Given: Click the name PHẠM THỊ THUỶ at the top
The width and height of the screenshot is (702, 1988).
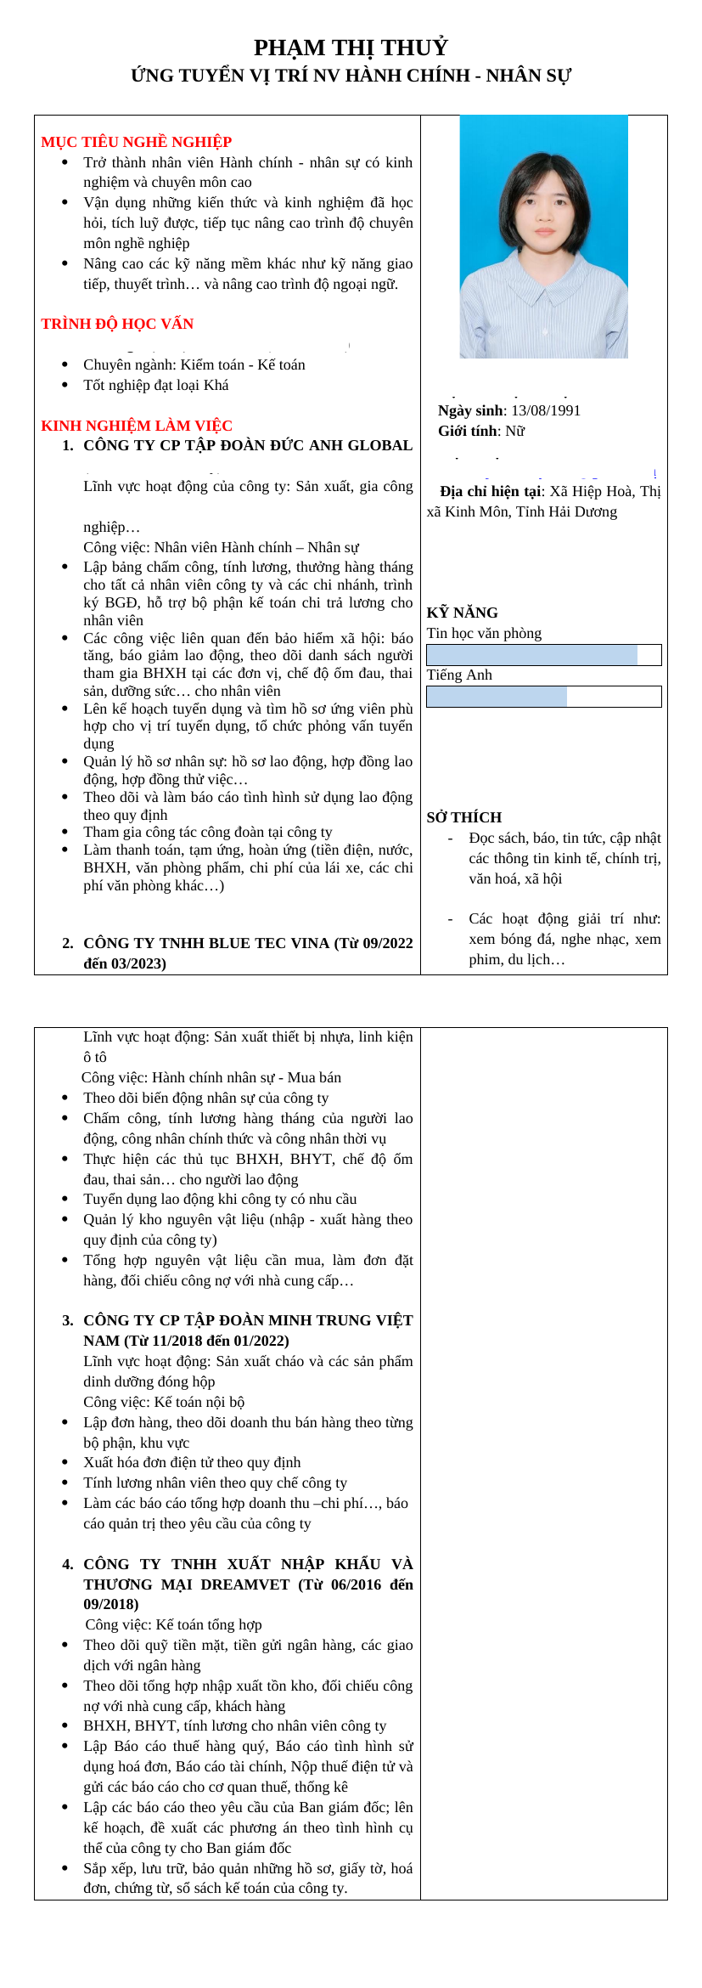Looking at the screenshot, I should (x=351, y=48).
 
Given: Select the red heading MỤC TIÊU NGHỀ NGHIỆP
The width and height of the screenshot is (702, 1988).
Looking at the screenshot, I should (x=136, y=142).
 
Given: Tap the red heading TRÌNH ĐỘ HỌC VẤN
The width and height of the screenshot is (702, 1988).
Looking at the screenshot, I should (x=117, y=324).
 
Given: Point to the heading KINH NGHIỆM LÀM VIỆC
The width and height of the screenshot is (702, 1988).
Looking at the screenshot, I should (x=137, y=426).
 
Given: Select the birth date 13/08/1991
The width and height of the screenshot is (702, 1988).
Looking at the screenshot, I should (x=546, y=411).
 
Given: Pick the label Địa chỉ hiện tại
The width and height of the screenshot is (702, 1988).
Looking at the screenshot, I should (x=491, y=492).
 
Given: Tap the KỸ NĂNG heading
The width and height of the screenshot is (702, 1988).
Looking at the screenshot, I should (x=462, y=613).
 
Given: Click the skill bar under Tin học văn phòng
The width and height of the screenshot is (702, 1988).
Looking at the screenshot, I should (x=543, y=655).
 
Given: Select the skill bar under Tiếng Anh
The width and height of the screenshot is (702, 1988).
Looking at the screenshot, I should (x=543, y=697).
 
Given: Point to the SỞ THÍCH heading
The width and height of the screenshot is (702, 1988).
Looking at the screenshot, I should (x=463, y=817).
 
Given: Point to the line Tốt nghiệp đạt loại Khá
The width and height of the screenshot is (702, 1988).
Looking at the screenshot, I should (x=155, y=386).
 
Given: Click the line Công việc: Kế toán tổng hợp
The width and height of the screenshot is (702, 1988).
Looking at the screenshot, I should (x=173, y=1624).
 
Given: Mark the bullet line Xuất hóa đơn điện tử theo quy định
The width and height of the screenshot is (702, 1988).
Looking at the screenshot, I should (x=192, y=1462).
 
